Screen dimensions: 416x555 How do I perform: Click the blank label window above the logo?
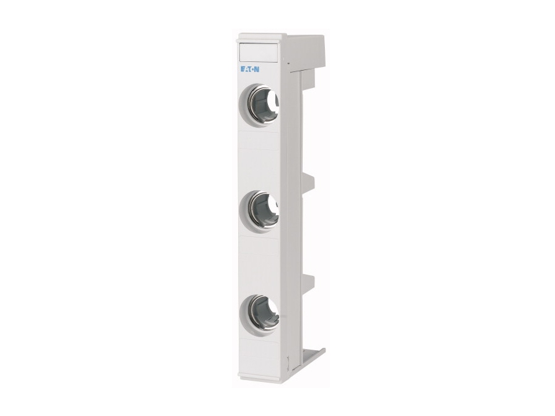[258, 51]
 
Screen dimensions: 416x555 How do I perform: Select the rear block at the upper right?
[307, 53]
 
